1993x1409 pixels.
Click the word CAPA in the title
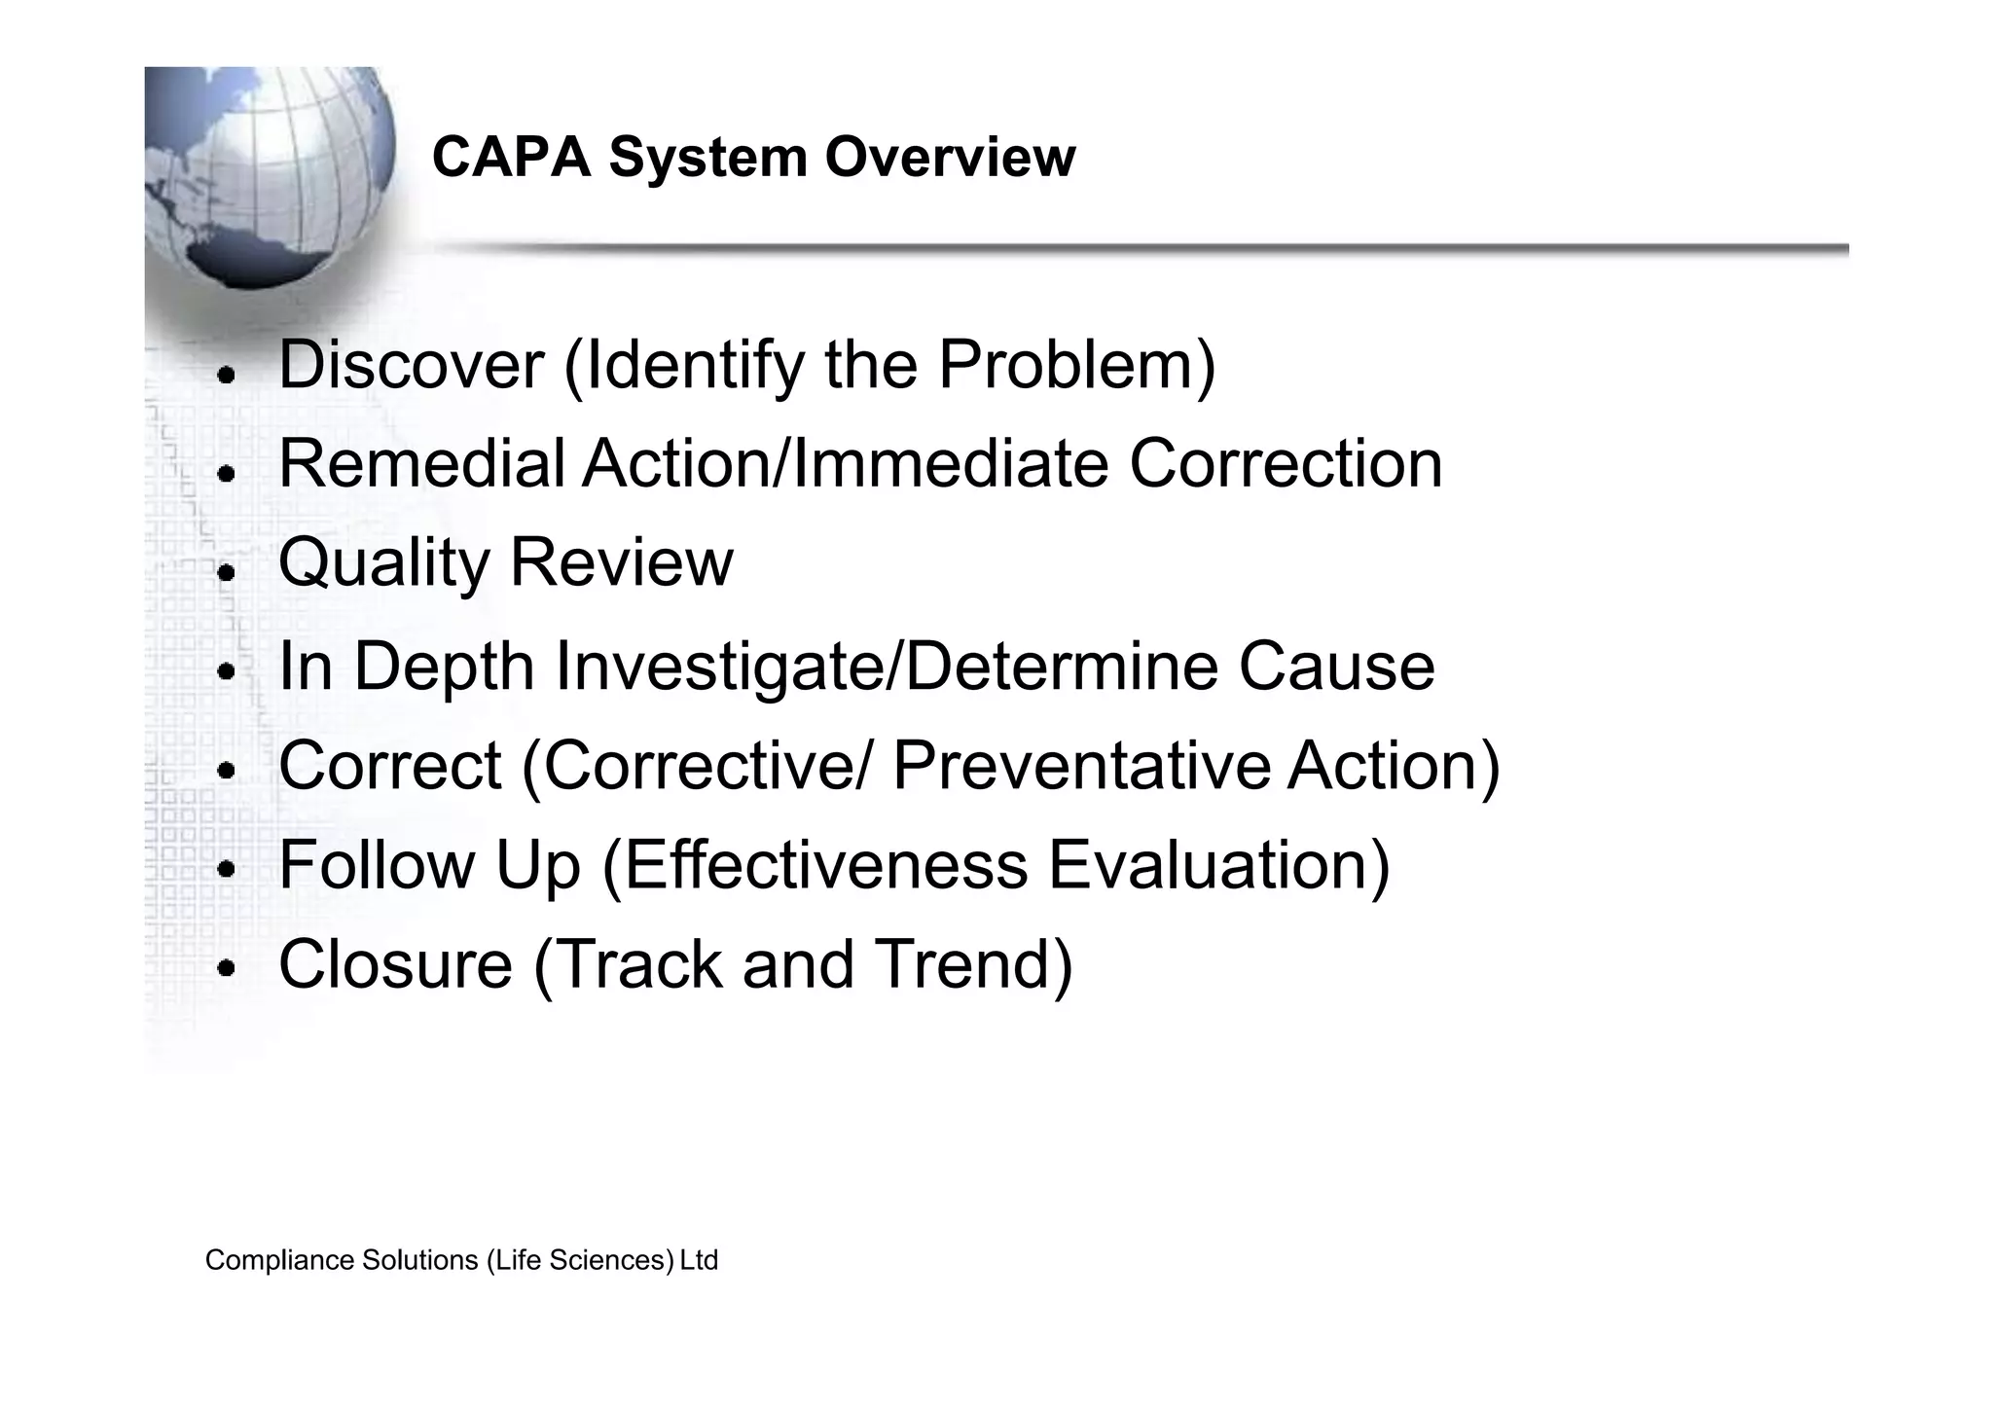pyautogui.click(x=511, y=157)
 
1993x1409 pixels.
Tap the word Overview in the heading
pyautogui.click(x=950, y=157)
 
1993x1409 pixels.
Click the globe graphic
pyautogui.click(x=268, y=175)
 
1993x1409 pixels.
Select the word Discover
pyautogui.click(x=411, y=365)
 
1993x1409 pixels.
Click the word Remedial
pyautogui.click(x=421, y=464)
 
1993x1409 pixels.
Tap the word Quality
pyautogui.click(x=383, y=563)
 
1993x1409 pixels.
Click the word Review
pyautogui.click(x=621, y=563)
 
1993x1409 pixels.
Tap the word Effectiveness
pyautogui.click(x=825, y=865)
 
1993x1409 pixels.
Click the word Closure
pyautogui.click(x=395, y=964)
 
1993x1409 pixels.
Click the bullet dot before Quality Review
pyautogui.click(x=227, y=573)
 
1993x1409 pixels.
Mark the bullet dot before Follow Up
pyautogui.click(x=227, y=868)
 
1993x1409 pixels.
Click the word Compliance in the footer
pyautogui.click(x=280, y=1261)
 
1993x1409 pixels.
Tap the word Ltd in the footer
pyautogui.click(x=699, y=1261)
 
